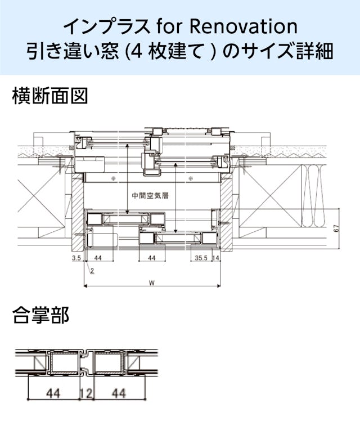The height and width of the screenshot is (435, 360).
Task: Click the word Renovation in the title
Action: tap(243, 26)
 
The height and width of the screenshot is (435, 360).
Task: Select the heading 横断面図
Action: tap(50, 96)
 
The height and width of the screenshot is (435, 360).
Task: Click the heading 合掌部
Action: tap(40, 315)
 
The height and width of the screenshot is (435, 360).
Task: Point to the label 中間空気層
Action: tap(150, 196)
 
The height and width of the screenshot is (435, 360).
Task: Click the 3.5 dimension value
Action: tap(76, 258)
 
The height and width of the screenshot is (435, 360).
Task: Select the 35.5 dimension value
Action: tap(201, 258)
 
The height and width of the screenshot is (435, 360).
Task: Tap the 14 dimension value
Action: tap(216, 258)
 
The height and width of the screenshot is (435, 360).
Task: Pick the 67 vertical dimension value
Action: tap(336, 228)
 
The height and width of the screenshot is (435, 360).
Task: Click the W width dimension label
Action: tap(151, 282)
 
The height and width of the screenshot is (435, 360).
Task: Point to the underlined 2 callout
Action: tap(92, 271)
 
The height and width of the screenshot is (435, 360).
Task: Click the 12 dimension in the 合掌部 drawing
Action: tap(86, 393)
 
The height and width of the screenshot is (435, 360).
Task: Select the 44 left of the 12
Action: tap(53, 393)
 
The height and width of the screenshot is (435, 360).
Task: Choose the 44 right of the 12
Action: tap(119, 393)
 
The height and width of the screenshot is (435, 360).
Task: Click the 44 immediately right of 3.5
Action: tap(98, 258)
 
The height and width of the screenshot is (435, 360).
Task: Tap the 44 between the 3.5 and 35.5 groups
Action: tap(152, 258)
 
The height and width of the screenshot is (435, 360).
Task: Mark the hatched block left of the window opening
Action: tap(78, 213)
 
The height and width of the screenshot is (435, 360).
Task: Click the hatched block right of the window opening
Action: tap(226, 213)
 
